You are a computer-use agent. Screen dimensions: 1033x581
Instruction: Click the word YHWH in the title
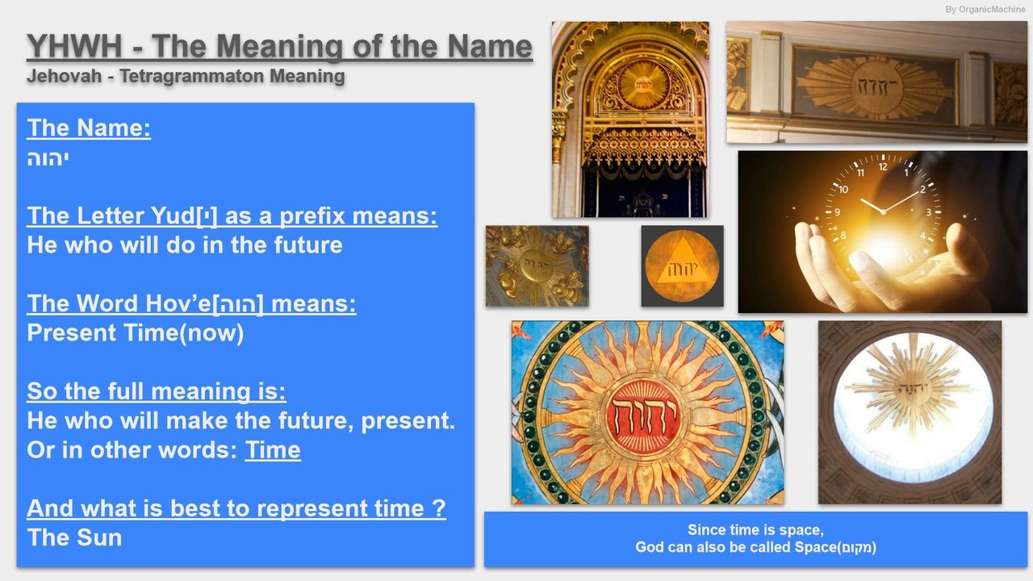pyautogui.click(x=74, y=46)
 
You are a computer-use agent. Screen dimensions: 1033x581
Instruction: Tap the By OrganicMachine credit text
pyautogui.click(x=985, y=9)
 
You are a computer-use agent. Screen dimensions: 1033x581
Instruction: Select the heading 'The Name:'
pyautogui.click(x=89, y=127)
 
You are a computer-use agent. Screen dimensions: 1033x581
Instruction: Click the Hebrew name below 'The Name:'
pyautogui.click(x=48, y=159)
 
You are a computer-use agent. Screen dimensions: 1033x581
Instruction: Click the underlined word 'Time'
pyautogui.click(x=273, y=450)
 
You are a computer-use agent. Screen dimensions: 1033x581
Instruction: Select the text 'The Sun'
pyautogui.click(x=74, y=537)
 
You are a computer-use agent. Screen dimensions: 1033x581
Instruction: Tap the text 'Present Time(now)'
pyautogui.click(x=135, y=333)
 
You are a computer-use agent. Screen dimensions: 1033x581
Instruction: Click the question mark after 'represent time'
pyautogui.click(x=439, y=508)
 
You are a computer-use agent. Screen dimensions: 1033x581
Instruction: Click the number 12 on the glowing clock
pyautogui.click(x=883, y=166)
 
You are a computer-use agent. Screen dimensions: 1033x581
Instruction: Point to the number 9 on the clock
pyautogui.click(x=837, y=212)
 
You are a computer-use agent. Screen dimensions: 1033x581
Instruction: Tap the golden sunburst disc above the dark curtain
pyautogui.click(x=643, y=85)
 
